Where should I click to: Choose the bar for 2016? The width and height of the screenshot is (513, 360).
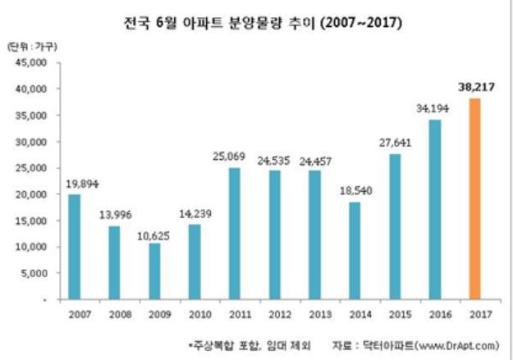tap(435, 210)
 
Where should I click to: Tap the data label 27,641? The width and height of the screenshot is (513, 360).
tap(396, 143)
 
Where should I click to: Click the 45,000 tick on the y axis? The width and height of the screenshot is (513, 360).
tap(32, 62)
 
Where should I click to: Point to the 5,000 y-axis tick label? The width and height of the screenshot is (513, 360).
tap(35, 274)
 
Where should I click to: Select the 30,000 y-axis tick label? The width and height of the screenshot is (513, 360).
tap(32, 142)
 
